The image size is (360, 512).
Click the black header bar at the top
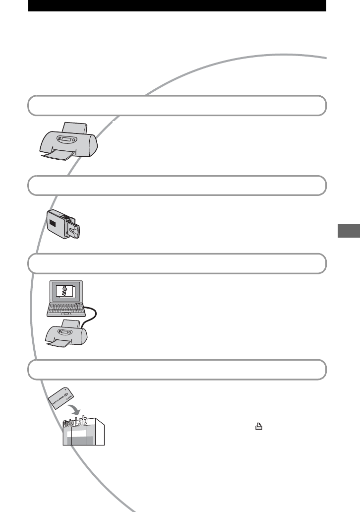pyautogui.click(x=177, y=5)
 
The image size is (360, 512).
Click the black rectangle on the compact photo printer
pyautogui.click(x=52, y=223)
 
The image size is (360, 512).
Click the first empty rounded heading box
pyautogui.click(x=177, y=105)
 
